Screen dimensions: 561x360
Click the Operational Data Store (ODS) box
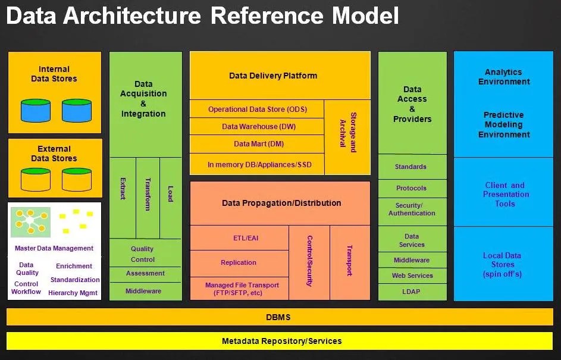[256, 109]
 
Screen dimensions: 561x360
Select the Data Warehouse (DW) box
[256, 126]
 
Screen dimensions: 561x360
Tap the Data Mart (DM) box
[256, 144]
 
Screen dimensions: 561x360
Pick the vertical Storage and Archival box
[347, 137]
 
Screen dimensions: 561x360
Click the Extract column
[123, 198]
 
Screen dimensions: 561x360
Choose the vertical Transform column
[148, 198]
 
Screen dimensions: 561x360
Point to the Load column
[171, 198]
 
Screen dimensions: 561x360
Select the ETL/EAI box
[239, 237]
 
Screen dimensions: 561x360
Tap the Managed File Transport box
[239, 289]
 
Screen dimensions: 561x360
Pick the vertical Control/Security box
[309, 262]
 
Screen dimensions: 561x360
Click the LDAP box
[412, 292]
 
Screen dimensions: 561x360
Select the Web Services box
[412, 276]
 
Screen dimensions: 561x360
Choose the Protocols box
[412, 188]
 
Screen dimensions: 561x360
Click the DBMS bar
[280, 317]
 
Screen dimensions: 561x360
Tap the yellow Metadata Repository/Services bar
[280, 341]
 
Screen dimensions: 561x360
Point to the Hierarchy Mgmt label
[73, 293]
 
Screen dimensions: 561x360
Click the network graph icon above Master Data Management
[30, 222]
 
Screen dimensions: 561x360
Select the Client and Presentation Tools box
[503, 192]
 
